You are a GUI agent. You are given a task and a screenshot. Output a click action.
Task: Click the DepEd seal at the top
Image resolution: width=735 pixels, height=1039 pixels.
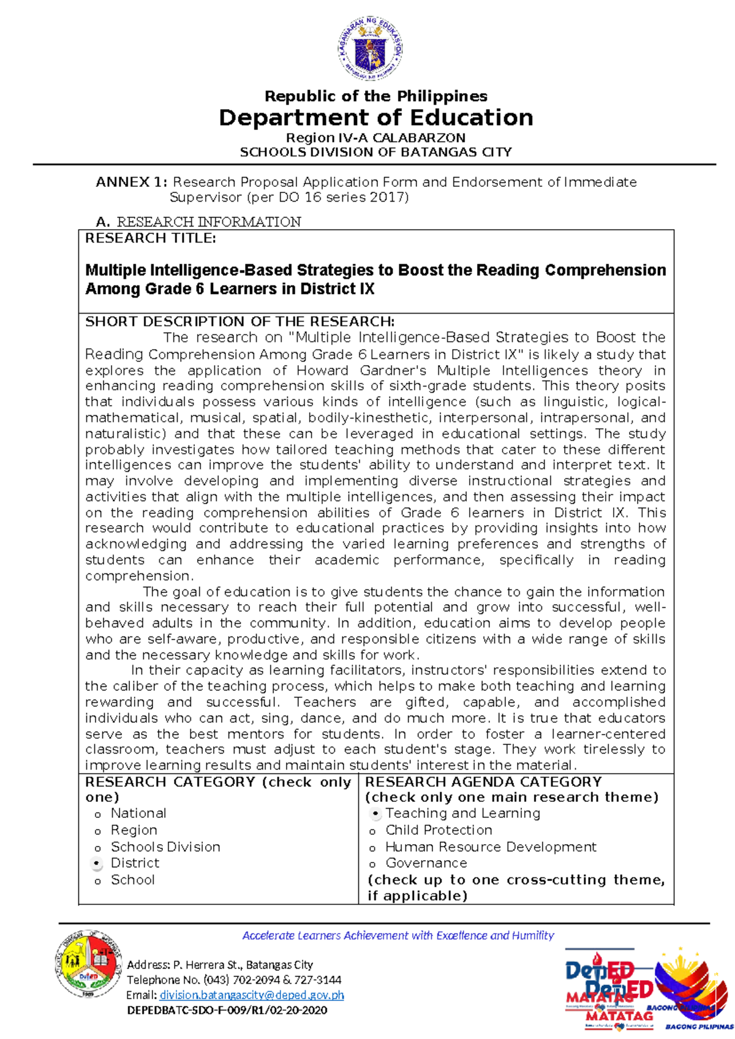coord(370,49)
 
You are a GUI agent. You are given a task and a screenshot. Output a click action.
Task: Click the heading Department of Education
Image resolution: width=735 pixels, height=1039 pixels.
coord(375,118)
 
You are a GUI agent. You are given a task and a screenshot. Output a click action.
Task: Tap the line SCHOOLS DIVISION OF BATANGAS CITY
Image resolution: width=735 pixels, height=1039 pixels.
coord(375,152)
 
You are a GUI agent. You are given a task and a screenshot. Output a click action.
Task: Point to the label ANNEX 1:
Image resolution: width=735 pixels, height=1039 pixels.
coord(130,182)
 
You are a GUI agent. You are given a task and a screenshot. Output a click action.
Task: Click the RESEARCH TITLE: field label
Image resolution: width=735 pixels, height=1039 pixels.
coord(150,238)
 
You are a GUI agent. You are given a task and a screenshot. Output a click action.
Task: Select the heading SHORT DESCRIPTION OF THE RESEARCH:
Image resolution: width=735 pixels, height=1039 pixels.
coord(239,322)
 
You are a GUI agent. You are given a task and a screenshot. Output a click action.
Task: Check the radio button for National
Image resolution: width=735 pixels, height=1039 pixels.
coord(97,815)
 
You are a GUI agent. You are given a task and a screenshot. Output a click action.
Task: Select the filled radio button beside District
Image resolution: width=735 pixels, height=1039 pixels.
coord(97,863)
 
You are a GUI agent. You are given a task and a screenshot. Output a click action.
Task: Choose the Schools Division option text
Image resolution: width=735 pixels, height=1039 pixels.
coord(165,847)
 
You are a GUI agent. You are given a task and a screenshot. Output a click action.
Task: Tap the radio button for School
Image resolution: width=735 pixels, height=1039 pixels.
coord(97,882)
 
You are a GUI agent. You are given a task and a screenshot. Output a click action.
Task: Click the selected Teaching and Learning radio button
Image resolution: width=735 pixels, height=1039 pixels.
coord(375,814)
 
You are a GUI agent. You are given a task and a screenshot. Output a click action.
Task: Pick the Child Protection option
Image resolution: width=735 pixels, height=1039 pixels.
coord(439,830)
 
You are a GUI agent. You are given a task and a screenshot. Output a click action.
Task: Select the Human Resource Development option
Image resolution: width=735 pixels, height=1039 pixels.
coord(491,847)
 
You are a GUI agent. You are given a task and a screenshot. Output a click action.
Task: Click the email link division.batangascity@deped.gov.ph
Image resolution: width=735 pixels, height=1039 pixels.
coord(251,995)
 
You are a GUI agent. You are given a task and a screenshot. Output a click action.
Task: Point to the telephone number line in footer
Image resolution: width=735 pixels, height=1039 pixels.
coord(234,980)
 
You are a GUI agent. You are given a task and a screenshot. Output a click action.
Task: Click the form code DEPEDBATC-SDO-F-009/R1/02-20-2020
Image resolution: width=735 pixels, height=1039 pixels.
coord(227,1010)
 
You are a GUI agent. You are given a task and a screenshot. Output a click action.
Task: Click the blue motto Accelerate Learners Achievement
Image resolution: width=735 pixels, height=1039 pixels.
coord(398,935)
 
